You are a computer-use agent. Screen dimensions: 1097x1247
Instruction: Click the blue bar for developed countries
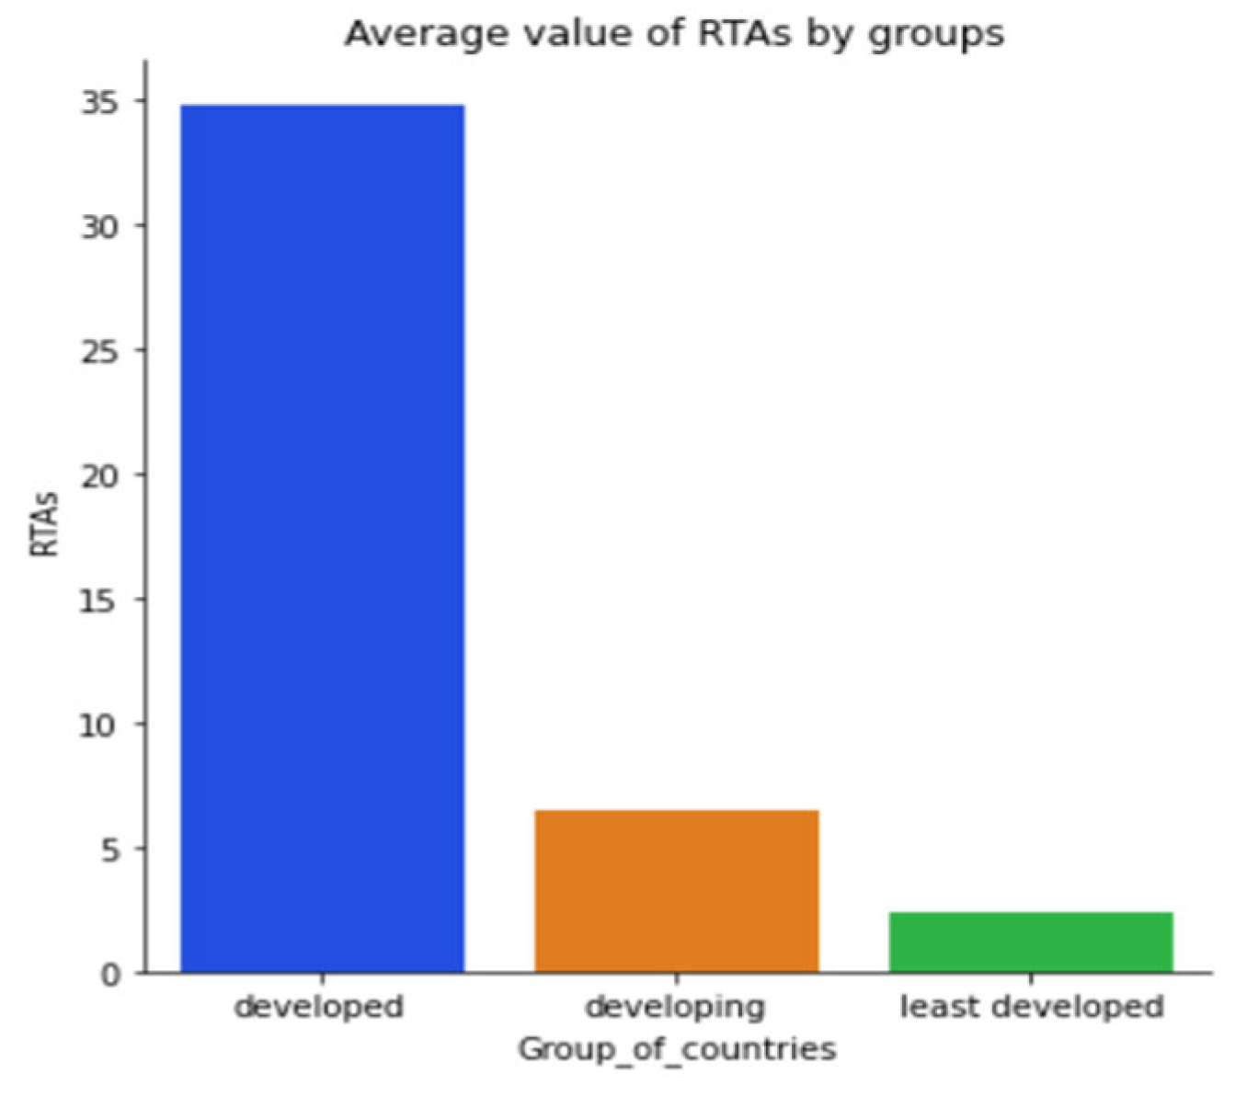coord(322,538)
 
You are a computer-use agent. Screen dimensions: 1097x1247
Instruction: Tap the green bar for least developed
coord(1031,942)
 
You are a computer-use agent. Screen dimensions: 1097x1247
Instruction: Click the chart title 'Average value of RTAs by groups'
coord(674,34)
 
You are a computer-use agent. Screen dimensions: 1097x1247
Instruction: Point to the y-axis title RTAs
coord(44,524)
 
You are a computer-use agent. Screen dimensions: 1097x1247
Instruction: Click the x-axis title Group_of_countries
coord(676,1048)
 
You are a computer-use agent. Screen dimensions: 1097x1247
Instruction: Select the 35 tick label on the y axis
coord(100,102)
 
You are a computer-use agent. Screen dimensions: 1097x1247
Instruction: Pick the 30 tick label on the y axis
coord(100,226)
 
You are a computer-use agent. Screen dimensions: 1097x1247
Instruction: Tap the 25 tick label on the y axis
coord(100,351)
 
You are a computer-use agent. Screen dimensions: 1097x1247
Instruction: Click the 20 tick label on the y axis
coord(100,475)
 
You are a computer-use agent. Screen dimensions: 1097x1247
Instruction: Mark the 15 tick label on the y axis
coord(100,600)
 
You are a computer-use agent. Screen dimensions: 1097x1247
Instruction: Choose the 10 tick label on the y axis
coord(100,725)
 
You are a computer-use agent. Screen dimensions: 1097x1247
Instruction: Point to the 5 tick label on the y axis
coord(110,850)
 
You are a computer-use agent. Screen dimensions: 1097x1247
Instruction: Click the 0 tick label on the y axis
coord(110,974)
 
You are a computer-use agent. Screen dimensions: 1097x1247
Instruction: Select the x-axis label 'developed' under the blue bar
coord(319,1007)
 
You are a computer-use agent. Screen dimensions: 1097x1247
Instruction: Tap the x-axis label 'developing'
coord(676,1007)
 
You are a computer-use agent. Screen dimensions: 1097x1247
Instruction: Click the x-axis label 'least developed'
coord(1031,1006)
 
